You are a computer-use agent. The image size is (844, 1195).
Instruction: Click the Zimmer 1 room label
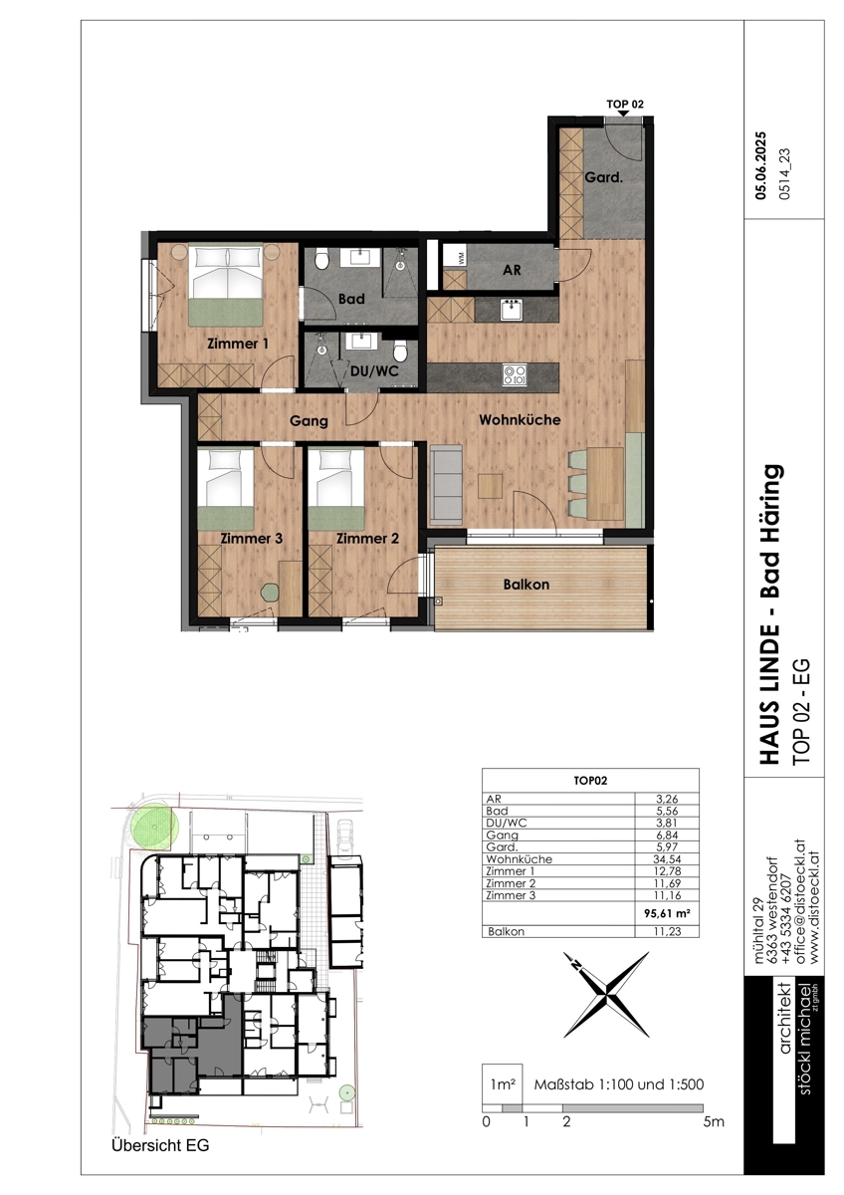pyautogui.click(x=238, y=344)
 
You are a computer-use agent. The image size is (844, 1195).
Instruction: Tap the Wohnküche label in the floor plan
pyautogui.click(x=520, y=420)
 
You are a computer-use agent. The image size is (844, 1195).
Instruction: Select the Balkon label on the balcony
pyautogui.click(x=527, y=585)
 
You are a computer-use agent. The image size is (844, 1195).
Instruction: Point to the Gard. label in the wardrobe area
pyautogui.click(x=603, y=177)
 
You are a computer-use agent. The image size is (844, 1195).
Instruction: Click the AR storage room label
pyautogui.click(x=512, y=270)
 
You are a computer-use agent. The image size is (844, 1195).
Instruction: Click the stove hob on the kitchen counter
pyautogui.click(x=515, y=375)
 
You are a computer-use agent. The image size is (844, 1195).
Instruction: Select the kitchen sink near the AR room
pyautogui.click(x=513, y=310)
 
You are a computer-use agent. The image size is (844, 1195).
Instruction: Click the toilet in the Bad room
pyautogui.click(x=321, y=259)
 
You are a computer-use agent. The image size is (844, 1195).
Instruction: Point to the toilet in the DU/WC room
pyautogui.click(x=400, y=351)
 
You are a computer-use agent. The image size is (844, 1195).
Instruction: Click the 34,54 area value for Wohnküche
pyautogui.click(x=667, y=858)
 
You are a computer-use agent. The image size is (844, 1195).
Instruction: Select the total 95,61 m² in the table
pyautogui.click(x=667, y=913)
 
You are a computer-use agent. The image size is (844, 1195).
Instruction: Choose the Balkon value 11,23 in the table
pyautogui.click(x=667, y=931)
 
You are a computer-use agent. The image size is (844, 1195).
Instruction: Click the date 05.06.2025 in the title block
pyautogui.click(x=761, y=165)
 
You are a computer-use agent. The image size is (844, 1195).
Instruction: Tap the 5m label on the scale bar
pyautogui.click(x=714, y=1121)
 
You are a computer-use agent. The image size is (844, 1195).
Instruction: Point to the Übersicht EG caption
pyautogui.click(x=160, y=1145)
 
